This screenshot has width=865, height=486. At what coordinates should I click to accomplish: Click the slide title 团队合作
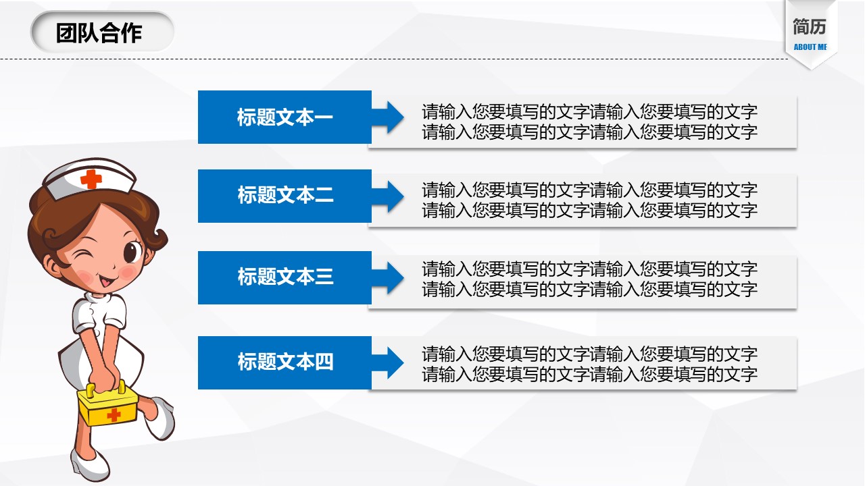pyautogui.click(x=99, y=33)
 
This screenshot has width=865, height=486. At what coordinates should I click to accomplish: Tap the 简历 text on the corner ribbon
pyautogui.click(x=810, y=27)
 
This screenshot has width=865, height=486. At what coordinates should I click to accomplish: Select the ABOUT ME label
pyautogui.click(x=810, y=47)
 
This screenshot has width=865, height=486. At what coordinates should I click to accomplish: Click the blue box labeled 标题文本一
pyautogui.click(x=285, y=117)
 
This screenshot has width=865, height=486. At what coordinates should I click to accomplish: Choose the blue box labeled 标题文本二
pyautogui.click(x=285, y=196)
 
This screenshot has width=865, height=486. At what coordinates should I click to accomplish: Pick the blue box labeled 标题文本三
pyautogui.click(x=285, y=277)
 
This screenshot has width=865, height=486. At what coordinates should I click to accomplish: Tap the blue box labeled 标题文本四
pyautogui.click(x=285, y=362)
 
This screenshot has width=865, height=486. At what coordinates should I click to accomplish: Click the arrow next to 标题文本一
pyautogui.click(x=387, y=117)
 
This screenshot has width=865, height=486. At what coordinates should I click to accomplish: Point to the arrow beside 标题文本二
pyautogui.click(x=387, y=196)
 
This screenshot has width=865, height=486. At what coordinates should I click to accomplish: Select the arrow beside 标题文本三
pyautogui.click(x=387, y=278)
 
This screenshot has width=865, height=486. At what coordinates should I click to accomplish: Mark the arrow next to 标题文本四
pyautogui.click(x=387, y=363)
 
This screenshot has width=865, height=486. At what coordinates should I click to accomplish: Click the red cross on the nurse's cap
pyautogui.click(x=91, y=179)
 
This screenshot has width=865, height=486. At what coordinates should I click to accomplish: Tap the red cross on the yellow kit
pyautogui.click(x=114, y=415)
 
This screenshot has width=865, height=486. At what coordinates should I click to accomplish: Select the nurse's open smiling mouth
pyautogui.click(x=107, y=281)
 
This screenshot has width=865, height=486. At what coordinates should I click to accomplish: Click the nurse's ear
pyautogui.click(x=53, y=265)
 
